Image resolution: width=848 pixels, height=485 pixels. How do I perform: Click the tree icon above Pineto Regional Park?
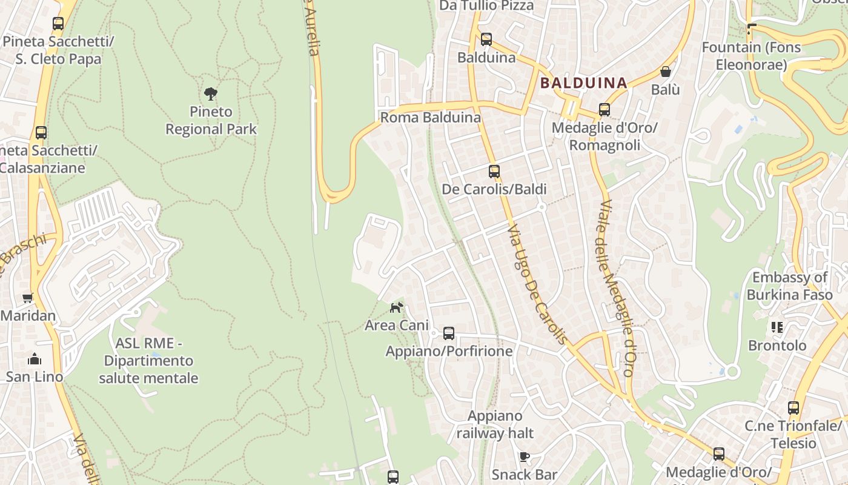point(211,94)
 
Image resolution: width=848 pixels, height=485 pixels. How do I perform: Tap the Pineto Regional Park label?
point(211,121)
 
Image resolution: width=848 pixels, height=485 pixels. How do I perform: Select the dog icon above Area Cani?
point(396,307)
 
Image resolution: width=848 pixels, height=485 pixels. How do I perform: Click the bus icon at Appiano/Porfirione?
point(449,333)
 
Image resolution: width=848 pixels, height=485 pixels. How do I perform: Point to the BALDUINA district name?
point(583,83)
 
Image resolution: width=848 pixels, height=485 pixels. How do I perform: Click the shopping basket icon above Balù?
point(666,72)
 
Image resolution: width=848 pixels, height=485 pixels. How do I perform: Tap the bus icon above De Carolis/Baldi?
point(494,172)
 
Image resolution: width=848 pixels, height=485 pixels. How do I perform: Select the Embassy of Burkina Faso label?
point(789,286)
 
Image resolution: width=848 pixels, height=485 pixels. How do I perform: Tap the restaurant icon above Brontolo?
point(777,327)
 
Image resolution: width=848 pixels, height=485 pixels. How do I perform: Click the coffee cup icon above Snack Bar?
point(525,457)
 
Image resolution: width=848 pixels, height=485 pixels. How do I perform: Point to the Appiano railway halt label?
point(495,424)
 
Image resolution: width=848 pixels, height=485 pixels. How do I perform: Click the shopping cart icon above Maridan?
point(27,298)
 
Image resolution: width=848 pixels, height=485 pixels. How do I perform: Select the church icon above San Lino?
point(35,359)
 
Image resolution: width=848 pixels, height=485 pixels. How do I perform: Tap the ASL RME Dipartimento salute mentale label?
point(148,361)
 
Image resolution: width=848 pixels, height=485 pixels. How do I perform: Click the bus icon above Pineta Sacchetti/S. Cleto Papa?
point(58,24)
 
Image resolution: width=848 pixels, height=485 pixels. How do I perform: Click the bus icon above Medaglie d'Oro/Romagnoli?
point(605,110)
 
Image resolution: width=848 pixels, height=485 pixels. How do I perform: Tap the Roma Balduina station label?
point(430,118)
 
